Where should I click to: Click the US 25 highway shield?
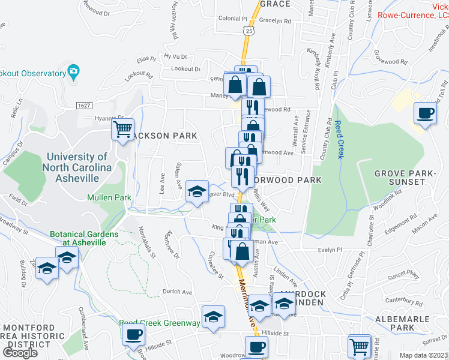249,29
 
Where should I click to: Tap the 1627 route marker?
84,105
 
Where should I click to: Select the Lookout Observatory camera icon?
73,72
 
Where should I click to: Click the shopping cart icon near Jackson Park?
123,129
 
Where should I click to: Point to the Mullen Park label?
92,197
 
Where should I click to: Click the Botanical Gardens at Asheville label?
78,238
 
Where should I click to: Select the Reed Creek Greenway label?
159,323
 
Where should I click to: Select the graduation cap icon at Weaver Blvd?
197,191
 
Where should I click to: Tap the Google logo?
20,352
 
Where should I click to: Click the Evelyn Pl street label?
330,248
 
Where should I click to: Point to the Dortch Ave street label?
177,292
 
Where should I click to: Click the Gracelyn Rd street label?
276,20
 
